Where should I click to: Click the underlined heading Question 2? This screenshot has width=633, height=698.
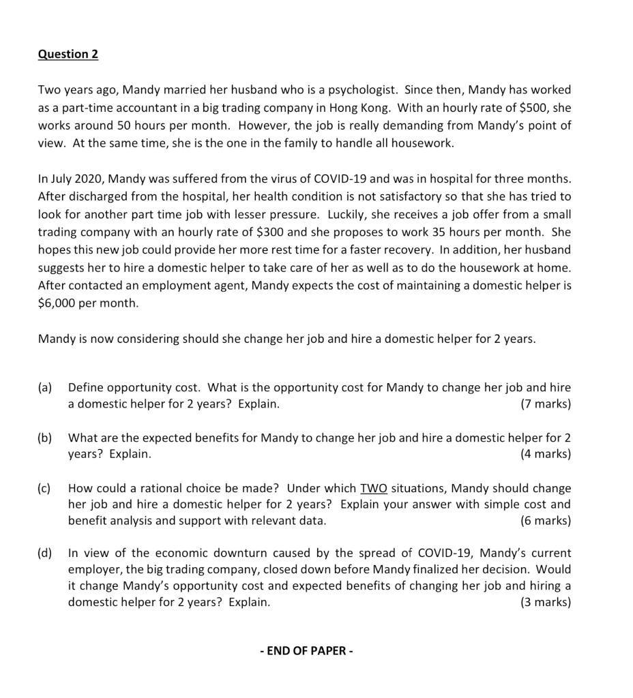pyautogui.click(x=68, y=54)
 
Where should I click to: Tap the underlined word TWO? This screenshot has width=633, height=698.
pyautogui.click(x=374, y=488)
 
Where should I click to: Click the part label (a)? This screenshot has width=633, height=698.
pyautogui.click(x=45, y=387)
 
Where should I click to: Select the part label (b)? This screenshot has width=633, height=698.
pyautogui.click(x=45, y=438)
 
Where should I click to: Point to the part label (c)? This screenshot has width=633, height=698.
pyautogui.click(x=45, y=488)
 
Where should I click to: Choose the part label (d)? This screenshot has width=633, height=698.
pyautogui.click(x=45, y=553)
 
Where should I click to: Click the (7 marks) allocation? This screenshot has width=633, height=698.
pyautogui.click(x=545, y=404)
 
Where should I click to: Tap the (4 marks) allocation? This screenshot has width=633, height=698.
pyautogui.click(x=545, y=454)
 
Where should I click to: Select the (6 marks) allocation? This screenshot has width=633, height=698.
pyautogui.click(x=545, y=521)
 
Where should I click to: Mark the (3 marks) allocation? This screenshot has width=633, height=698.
pyautogui.click(x=545, y=602)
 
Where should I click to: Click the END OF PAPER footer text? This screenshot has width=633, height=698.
pyautogui.click(x=306, y=650)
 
